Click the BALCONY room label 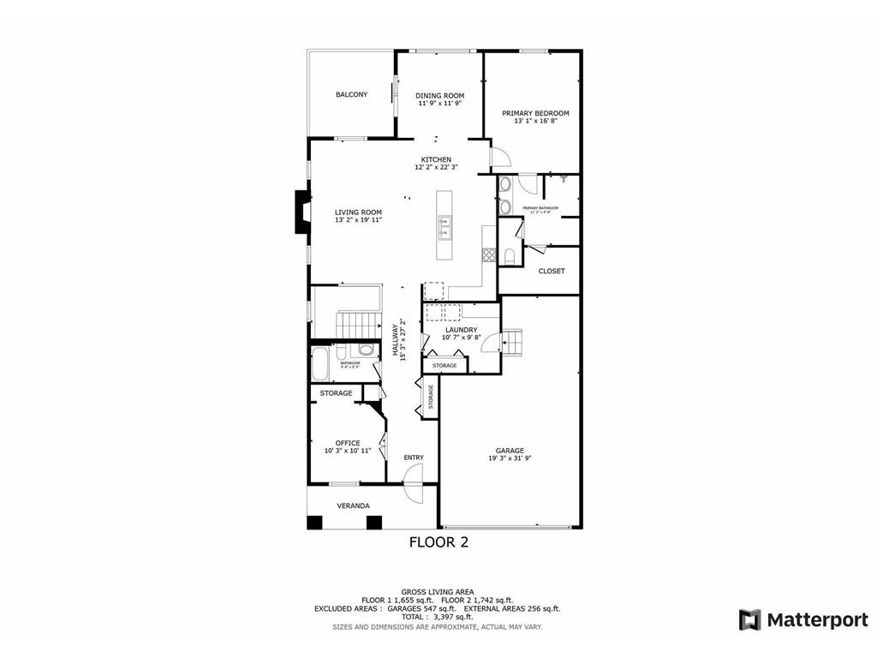point(351,94)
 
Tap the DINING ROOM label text point(439,95)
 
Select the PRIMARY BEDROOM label point(535,113)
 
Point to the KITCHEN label point(436,159)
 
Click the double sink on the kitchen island point(445,227)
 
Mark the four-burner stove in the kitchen point(489,254)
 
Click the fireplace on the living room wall point(301,212)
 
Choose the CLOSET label point(552,271)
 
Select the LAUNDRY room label point(461,329)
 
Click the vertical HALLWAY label point(396,340)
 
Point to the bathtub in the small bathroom point(320,364)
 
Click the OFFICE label point(348,443)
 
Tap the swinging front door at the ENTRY point(412,494)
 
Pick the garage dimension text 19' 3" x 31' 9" point(510,458)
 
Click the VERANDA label point(353,505)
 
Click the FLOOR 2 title point(438,541)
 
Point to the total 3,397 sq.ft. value point(452,617)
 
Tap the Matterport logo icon point(750,619)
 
